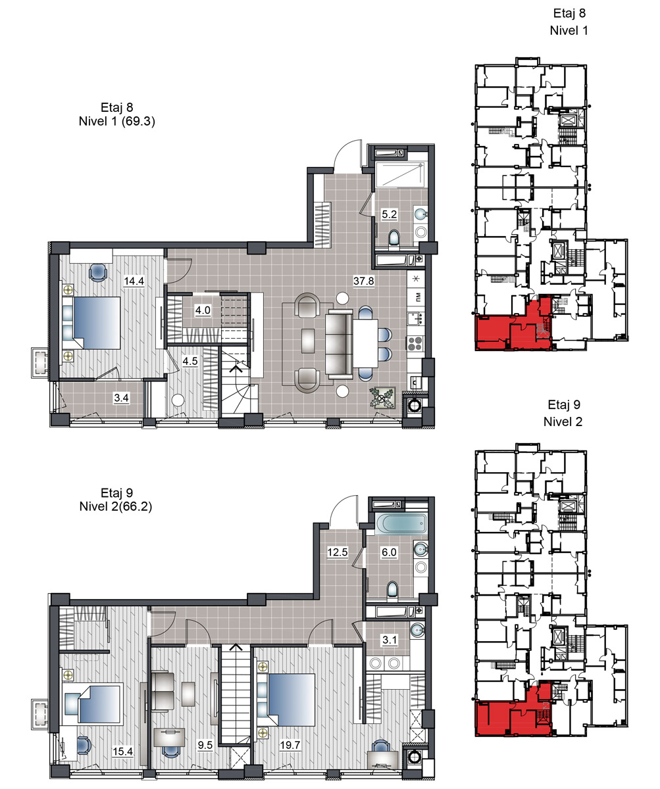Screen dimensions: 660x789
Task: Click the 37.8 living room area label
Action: tap(363, 281)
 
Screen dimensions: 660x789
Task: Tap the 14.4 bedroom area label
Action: tap(134, 281)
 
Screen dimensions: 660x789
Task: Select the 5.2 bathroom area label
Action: tap(389, 214)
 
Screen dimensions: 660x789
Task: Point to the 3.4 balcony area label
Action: tap(122, 398)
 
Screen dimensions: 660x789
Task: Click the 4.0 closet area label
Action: tap(203, 310)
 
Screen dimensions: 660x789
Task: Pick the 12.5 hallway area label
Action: tap(338, 552)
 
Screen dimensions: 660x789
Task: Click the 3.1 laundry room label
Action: tap(390, 640)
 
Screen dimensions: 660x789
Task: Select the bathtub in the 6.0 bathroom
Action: tap(401, 523)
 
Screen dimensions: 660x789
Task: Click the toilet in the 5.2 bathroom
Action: tap(393, 238)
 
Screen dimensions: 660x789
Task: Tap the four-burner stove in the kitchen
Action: tap(415, 343)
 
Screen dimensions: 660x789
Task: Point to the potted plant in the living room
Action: tap(382, 398)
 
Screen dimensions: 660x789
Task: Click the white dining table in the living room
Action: tap(366, 343)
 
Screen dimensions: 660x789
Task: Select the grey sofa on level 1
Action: tap(339, 345)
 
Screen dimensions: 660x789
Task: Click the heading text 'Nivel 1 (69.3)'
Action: tap(117, 121)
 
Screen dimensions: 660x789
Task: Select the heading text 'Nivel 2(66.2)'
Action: tap(116, 506)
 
